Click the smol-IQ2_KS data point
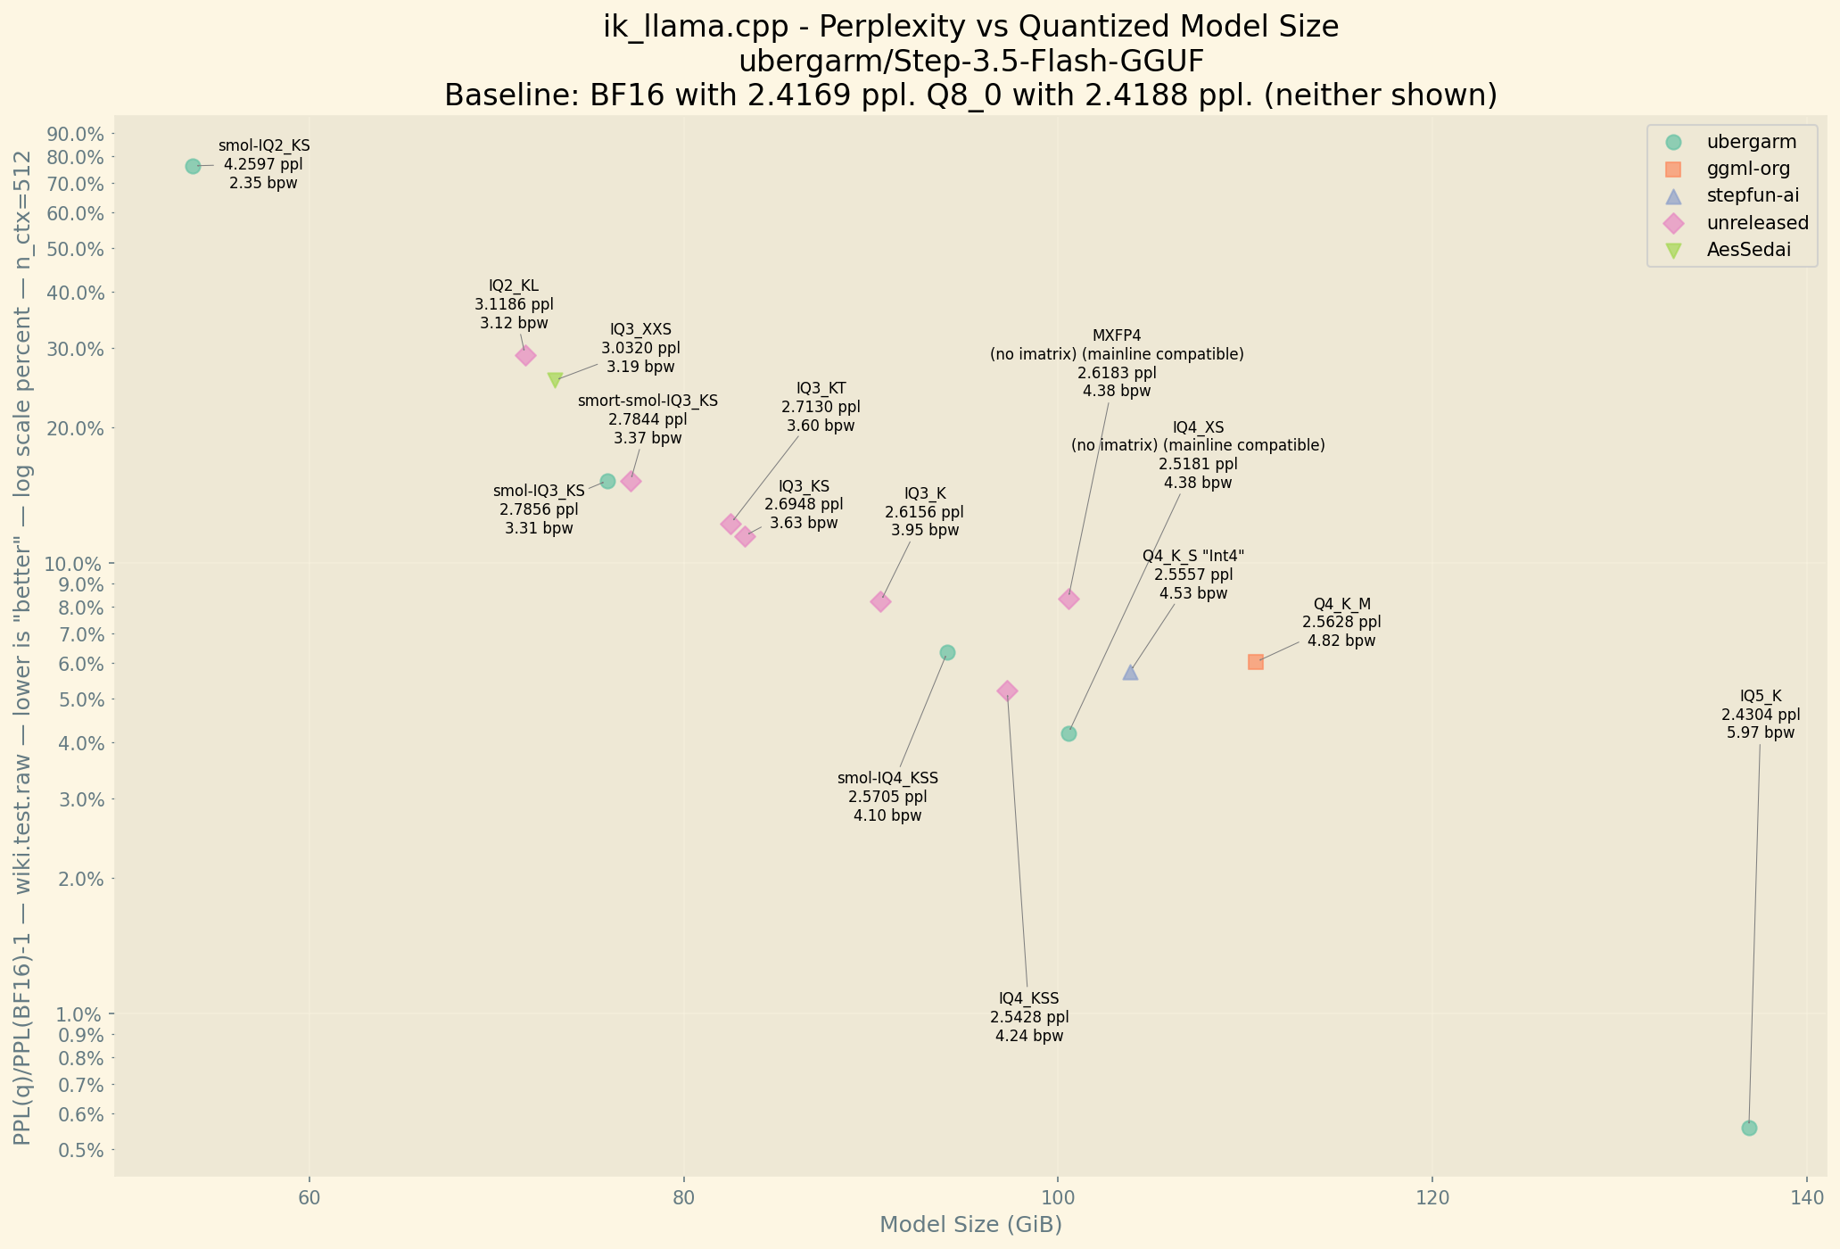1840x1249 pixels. click(193, 166)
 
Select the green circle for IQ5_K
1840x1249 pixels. click(1749, 1128)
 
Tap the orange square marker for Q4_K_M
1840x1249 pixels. click(1255, 662)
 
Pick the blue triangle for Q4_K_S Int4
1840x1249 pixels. click(1130, 673)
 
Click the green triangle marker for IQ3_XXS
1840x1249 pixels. click(555, 380)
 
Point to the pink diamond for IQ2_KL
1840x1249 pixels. click(526, 355)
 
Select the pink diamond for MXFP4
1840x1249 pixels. click(1069, 599)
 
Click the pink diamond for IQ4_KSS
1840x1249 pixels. click(1007, 691)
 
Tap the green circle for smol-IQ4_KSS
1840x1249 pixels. click(947, 652)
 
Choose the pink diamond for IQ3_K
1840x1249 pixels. click(880, 601)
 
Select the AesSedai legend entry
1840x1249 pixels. click(1748, 250)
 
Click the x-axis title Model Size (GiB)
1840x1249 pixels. click(970, 1225)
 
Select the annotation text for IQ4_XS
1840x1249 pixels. click(1198, 455)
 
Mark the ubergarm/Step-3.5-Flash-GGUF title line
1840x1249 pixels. click(970, 62)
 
